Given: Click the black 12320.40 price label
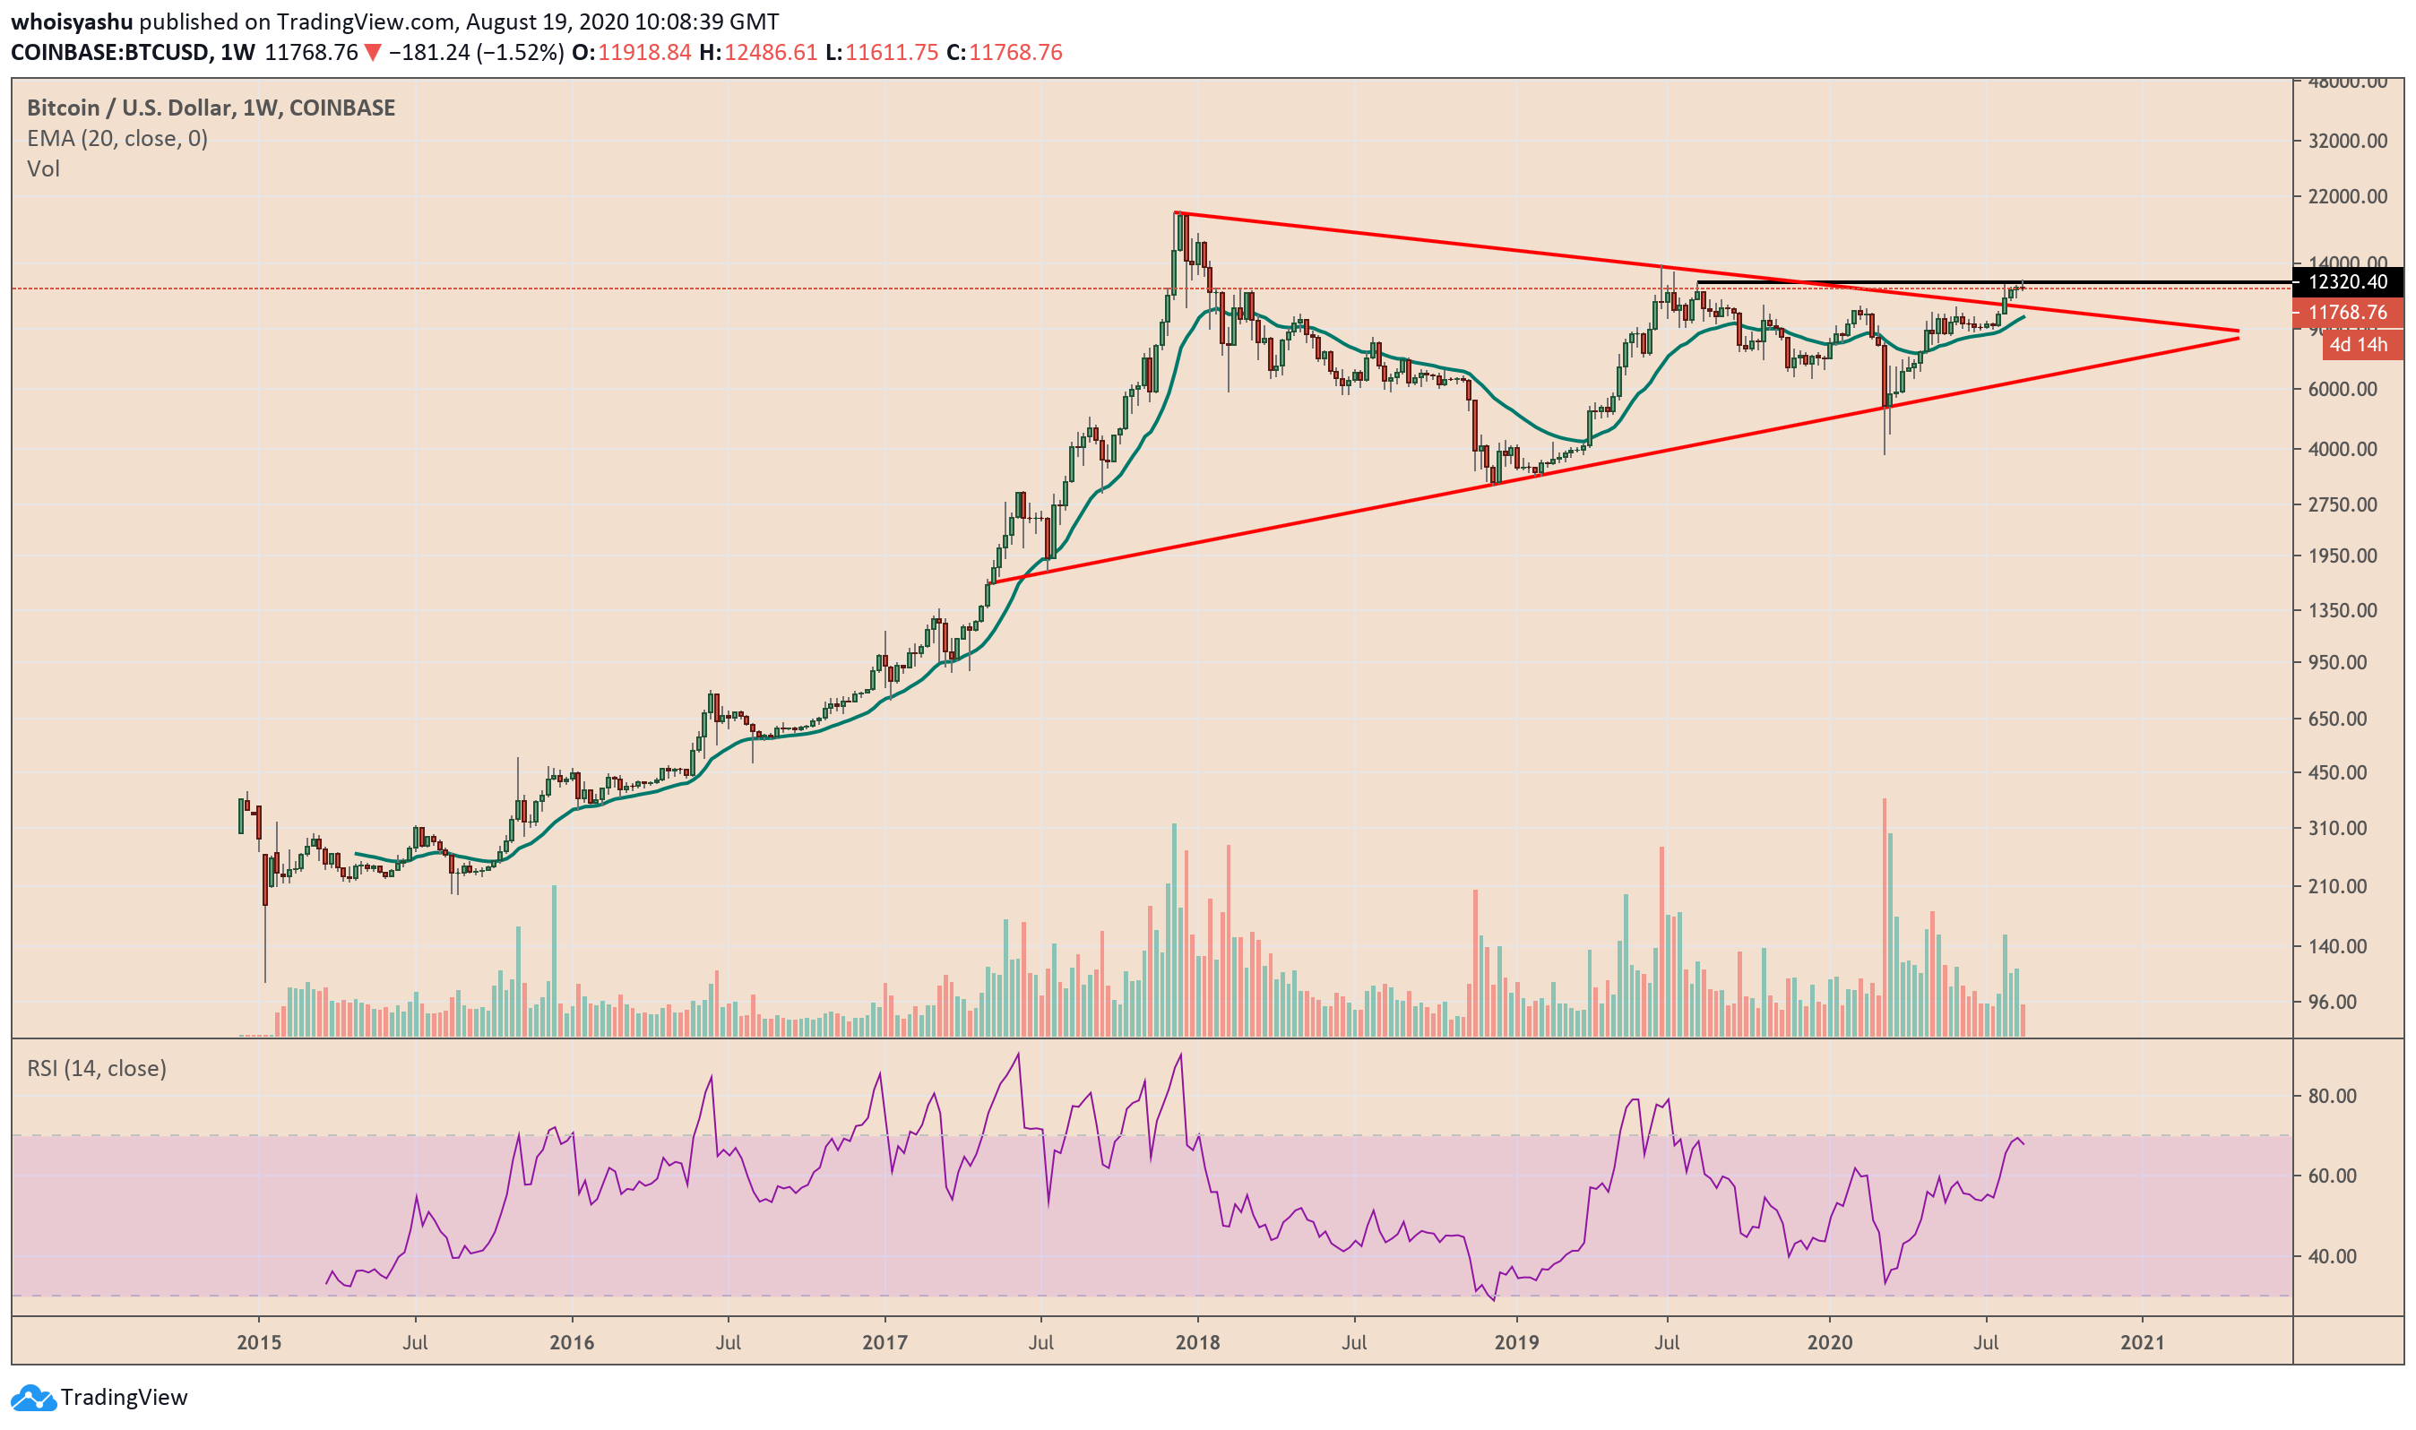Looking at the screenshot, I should click(2348, 282).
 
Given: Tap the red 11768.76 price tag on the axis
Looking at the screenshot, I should click(2348, 312).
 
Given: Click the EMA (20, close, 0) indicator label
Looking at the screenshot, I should click(116, 139).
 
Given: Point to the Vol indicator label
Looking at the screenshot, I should click(43, 169).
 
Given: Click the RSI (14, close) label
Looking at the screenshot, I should click(97, 1069).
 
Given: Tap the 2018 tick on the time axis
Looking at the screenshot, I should click(1197, 1343).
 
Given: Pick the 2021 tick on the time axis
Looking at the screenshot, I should click(2142, 1343).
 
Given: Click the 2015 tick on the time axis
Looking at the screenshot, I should click(258, 1343).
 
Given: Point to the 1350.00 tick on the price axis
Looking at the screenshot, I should click(2342, 611).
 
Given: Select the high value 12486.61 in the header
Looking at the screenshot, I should click(771, 52).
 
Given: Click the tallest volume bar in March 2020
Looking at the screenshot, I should click(1884, 916).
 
